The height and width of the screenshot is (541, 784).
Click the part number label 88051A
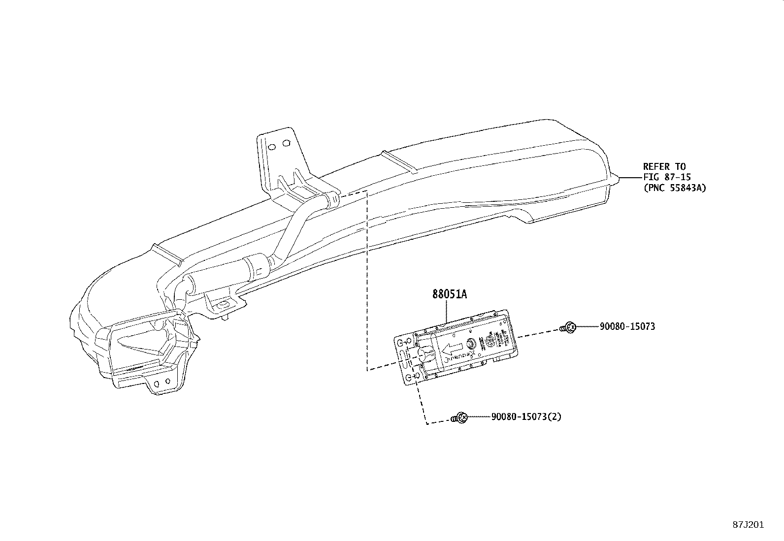point(449,295)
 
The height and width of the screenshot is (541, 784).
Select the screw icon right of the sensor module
point(569,327)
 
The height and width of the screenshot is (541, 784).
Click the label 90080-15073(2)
point(526,417)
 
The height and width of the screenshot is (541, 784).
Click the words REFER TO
point(664,166)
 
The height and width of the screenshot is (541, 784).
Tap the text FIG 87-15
point(667,177)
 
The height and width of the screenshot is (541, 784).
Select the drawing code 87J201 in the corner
point(747,524)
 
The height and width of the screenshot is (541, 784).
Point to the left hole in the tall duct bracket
point(271,146)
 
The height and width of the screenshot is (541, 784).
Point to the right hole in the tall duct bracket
point(287,143)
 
